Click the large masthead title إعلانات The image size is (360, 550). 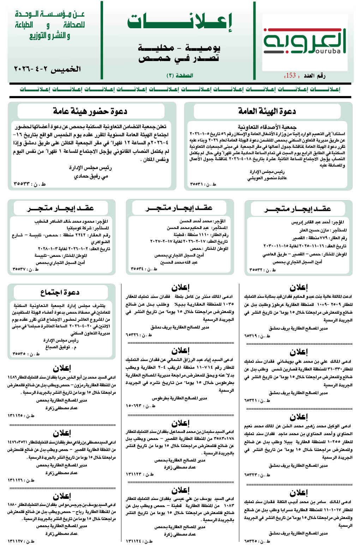[180, 22]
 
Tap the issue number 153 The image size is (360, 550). [290, 75]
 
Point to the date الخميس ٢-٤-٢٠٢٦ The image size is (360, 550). [47, 69]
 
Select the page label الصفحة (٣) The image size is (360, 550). [180, 75]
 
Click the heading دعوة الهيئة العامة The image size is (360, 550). [267, 111]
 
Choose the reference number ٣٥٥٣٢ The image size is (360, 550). [256, 270]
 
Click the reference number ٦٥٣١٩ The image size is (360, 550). [252, 336]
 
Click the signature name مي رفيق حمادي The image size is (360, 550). [91, 176]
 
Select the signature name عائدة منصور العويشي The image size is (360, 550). [267, 178]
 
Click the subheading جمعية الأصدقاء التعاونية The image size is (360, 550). [267, 127]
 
